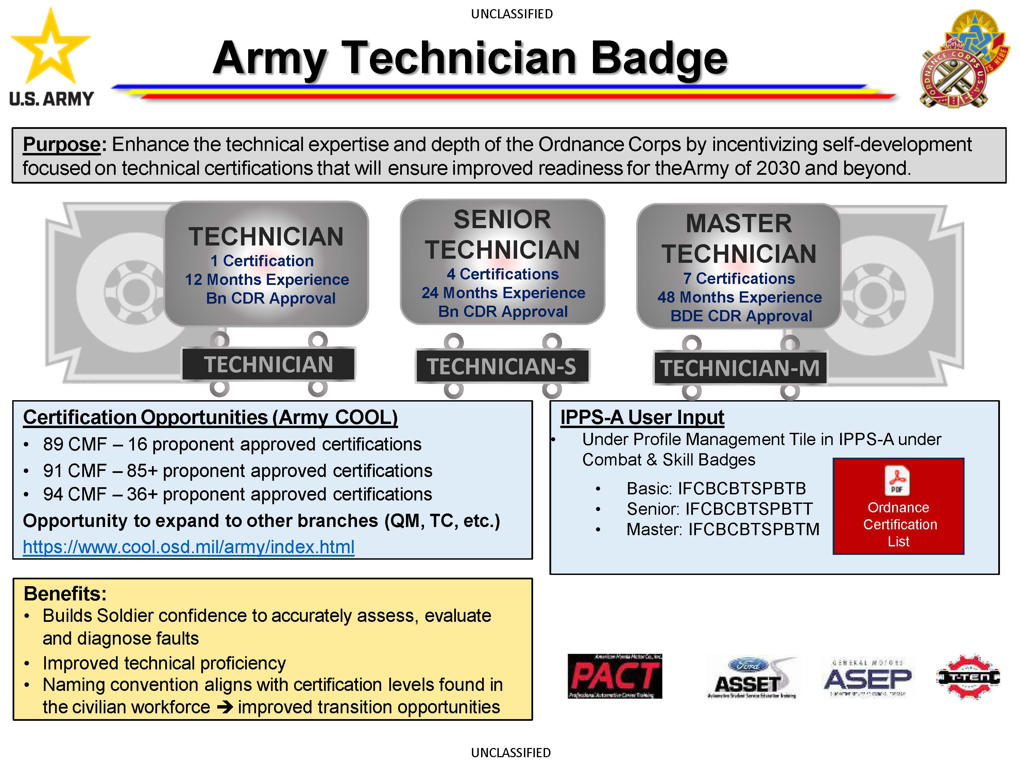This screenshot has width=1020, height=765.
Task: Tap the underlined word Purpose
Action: tap(61, 145)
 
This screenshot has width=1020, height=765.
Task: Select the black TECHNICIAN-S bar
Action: tap(502, 367)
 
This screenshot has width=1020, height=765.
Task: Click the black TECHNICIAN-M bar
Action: tap(739, 368)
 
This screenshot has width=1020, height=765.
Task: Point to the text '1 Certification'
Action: tap(262, 261)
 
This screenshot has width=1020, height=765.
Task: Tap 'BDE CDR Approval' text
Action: tap(741, 316)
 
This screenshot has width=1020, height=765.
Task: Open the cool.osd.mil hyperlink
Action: tap(188, 547)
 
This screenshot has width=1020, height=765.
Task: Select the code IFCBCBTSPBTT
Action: tap(748, 509)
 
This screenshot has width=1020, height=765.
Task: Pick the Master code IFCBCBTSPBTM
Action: tap(753, 529)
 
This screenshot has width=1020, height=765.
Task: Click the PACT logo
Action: tap(614, 676)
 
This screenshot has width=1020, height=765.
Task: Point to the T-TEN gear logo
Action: tap(968, 677)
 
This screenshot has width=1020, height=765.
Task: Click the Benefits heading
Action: tap(65, 593)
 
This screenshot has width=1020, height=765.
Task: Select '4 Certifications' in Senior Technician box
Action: tap(502, 274)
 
